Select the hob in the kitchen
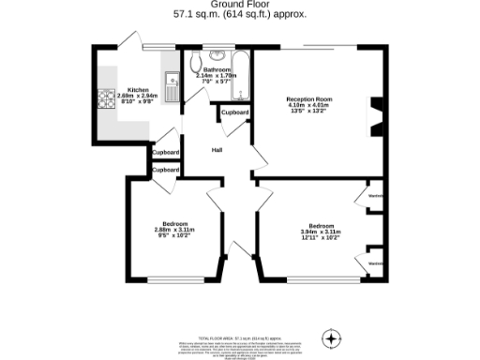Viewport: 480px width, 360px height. [x=103, y=95]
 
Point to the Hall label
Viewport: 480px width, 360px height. [x=217, y=149]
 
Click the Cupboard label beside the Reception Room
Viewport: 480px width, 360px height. [x=235, y=112]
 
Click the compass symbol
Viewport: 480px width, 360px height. [x=331, y=337]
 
